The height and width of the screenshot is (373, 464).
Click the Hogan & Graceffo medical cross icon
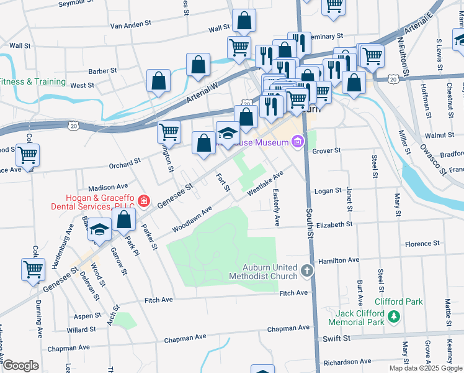click(144, 200)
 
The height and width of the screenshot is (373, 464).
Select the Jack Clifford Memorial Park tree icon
click(393, 318)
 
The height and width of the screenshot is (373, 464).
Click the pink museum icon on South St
click(298, 142)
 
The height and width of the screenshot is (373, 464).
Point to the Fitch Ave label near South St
click(293, 293)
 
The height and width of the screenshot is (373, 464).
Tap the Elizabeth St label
click(334, 224)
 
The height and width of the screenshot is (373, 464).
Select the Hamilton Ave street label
click(339, 260)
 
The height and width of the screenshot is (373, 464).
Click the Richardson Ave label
click(346, 362)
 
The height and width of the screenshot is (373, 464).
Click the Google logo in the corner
click(20, 366)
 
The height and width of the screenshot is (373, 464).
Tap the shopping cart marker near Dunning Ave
click(33, 270)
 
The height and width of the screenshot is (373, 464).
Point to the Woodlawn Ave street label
click(192, 219)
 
